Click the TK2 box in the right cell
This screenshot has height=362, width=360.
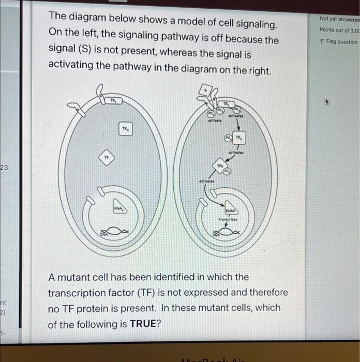239,138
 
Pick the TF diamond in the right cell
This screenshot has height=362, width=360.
220,164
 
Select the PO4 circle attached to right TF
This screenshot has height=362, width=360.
228,171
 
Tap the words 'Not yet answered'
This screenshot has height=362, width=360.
340,19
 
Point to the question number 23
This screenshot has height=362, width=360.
4,167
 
